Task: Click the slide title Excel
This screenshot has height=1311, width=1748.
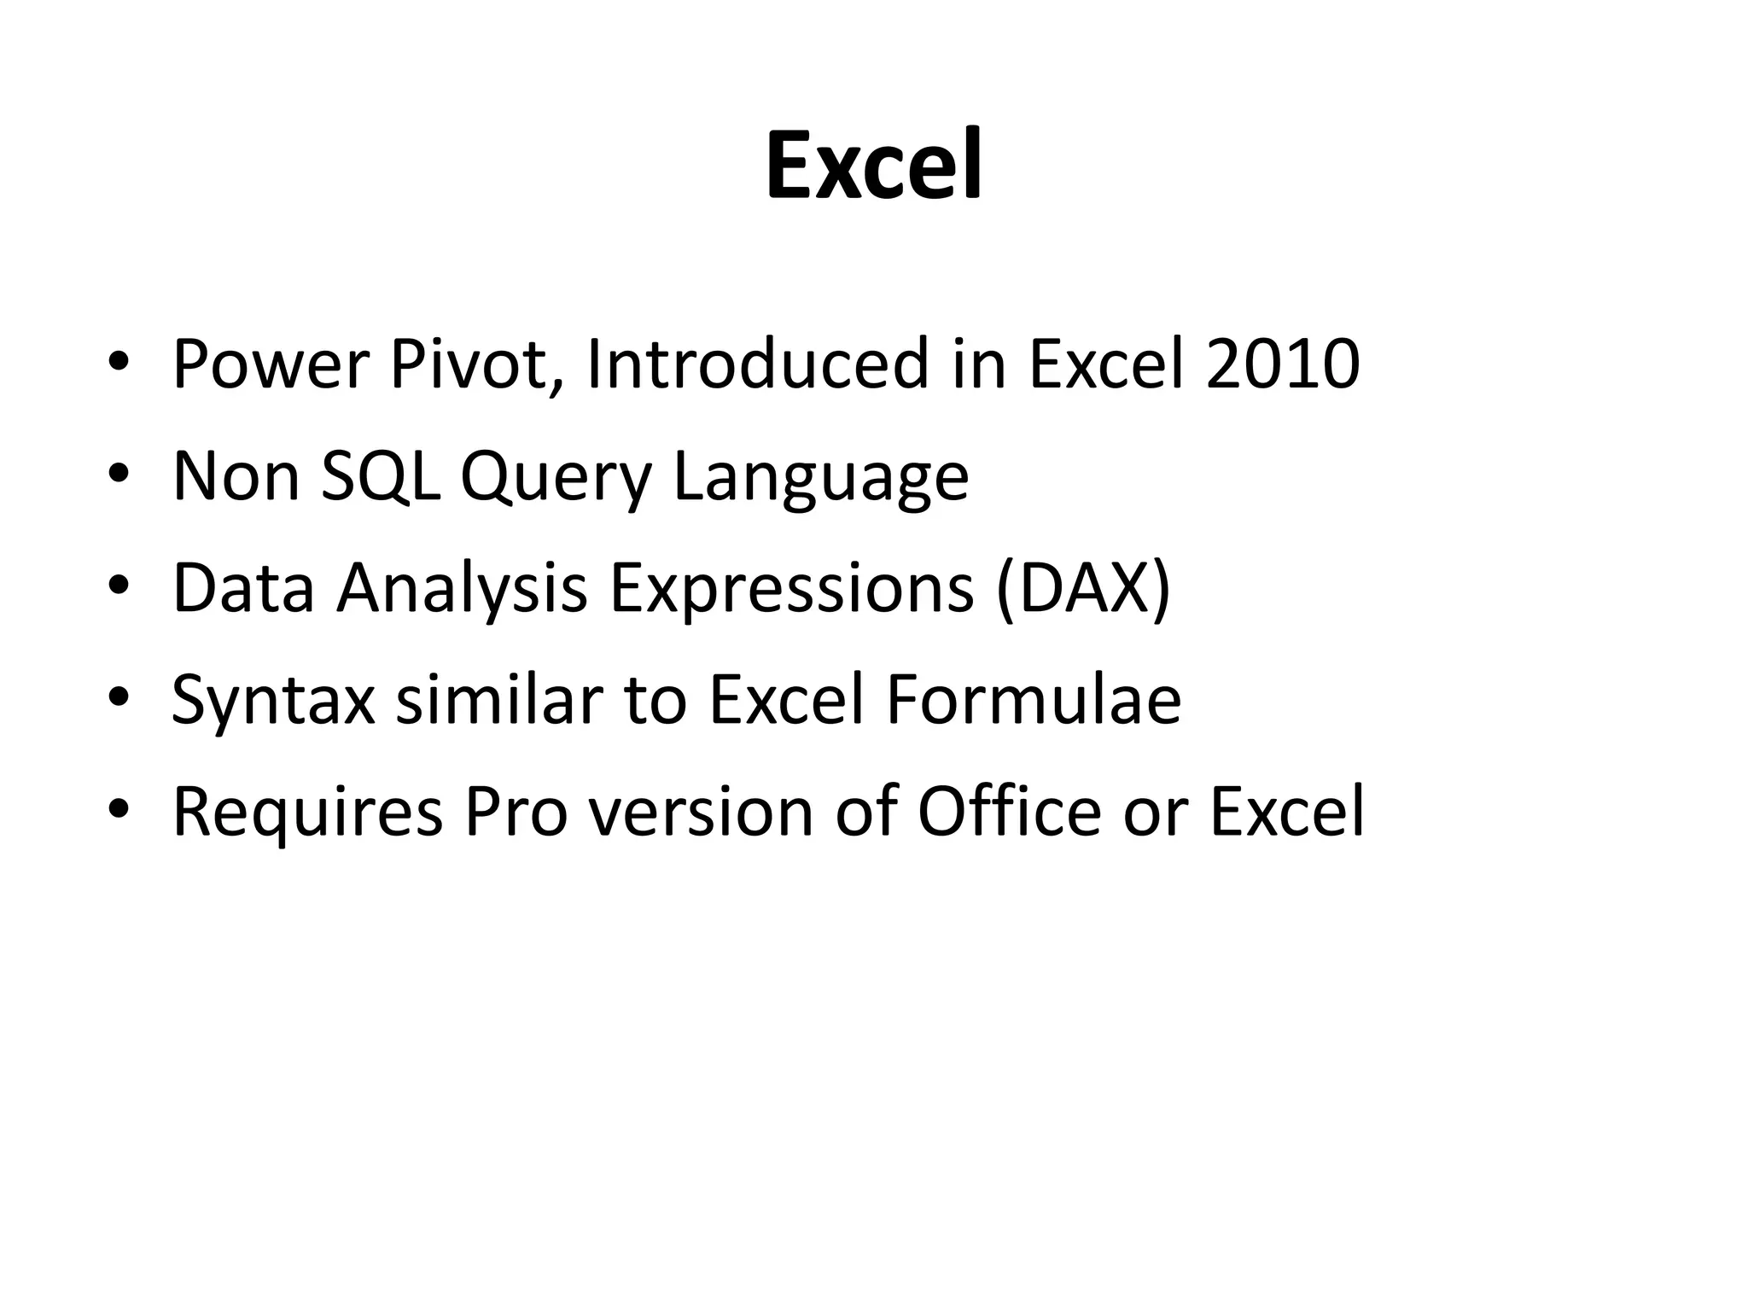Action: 874,166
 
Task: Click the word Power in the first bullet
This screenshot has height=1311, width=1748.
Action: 269,365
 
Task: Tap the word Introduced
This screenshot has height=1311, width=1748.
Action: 757,365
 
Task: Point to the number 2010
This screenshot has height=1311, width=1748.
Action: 1282,365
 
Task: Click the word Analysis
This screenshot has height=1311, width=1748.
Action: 462,590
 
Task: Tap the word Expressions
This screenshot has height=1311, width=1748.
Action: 791,590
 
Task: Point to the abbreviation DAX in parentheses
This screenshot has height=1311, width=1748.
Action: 1083,590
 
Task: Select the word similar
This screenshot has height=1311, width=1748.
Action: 499,700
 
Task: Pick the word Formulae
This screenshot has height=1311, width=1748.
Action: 1033,700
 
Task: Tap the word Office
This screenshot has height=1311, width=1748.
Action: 1009,811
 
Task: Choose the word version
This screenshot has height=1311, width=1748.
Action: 701,813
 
